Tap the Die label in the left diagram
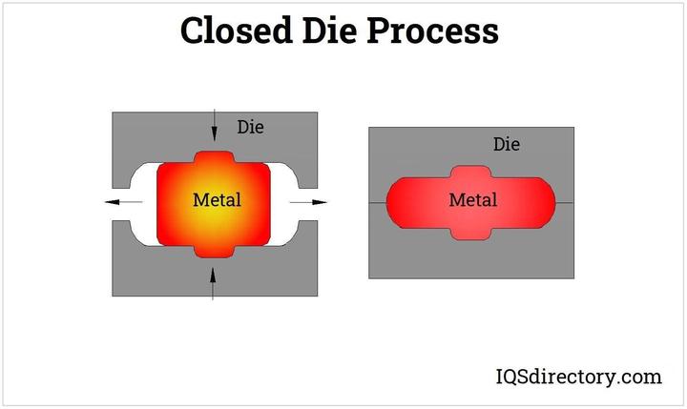(250, 127)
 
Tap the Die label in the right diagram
(507, 145)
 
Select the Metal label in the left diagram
(217, 201)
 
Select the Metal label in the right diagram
(472, 201)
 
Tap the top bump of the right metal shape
(471, 172)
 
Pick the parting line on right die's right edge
(565, 203)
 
